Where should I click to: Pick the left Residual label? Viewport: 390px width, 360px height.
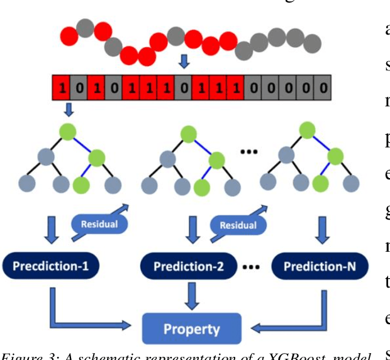100,223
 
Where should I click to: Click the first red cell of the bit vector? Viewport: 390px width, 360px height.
61,86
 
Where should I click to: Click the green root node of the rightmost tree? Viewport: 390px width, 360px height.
308,130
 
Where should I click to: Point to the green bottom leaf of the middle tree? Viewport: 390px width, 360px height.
202,186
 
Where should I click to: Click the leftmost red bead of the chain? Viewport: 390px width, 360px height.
69,36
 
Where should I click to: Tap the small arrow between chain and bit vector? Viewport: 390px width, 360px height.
184,62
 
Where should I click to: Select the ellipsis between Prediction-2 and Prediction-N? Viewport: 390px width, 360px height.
252,267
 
